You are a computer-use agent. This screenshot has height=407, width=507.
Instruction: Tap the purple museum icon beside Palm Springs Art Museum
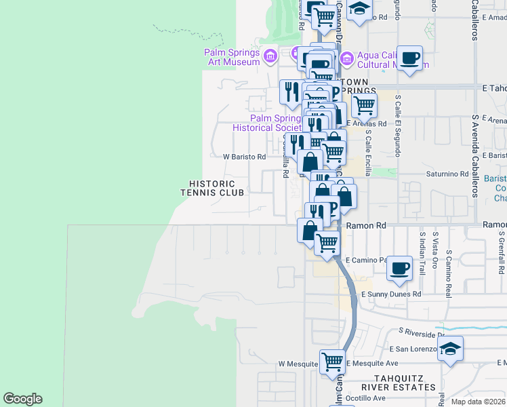click(270, 54)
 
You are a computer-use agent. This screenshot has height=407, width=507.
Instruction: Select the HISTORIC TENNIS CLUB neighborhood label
click(211, 188)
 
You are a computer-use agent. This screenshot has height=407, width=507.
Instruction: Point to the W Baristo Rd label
click(245, 157)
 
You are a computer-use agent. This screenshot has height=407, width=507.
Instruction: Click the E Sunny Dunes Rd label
click(391, 294)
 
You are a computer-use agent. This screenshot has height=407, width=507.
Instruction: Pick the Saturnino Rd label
click(447, 174)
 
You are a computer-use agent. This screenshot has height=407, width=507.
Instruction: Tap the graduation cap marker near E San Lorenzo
click(450, 349)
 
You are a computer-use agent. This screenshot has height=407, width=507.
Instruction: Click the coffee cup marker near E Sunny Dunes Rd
click(400, 268)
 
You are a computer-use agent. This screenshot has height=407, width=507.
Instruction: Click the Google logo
click(22, 399)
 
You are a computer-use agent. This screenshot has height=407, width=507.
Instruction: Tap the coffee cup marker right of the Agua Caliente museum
click(410, 58)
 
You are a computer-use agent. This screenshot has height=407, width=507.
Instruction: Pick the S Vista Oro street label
click(435, 250)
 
